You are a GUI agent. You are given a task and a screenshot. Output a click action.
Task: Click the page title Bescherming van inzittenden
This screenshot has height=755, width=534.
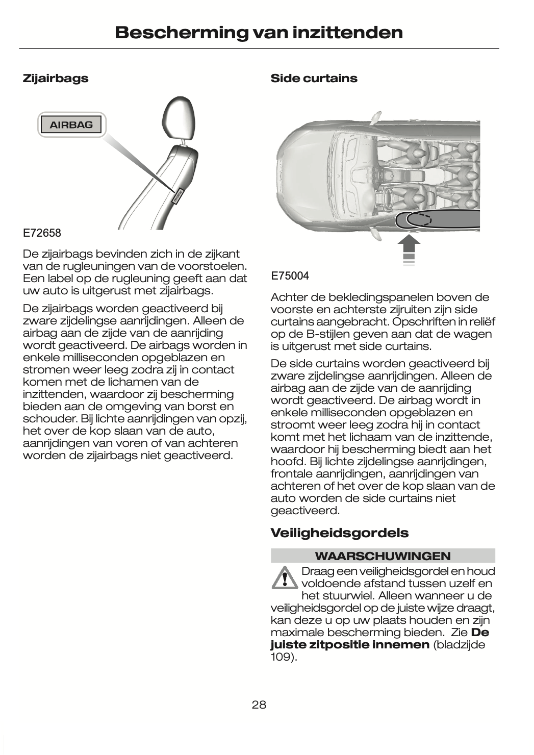pyautogui.click(x=259, y=33)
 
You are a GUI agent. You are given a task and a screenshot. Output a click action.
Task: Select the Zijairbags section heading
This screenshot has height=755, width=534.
pyautogui.click(x=56, y=79)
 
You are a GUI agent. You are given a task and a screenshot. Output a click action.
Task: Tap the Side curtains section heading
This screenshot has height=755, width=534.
pyautogui.click(x=314, y=79)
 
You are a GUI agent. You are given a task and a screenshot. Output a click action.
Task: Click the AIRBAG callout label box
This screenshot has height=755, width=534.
pyautogui.click(x=71, y=124)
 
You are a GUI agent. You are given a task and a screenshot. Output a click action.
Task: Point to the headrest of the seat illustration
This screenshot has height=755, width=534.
pyautogui.click(x=179, y=118)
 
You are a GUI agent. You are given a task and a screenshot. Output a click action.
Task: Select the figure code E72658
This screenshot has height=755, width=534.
pyautogui.click(x=42, y=233)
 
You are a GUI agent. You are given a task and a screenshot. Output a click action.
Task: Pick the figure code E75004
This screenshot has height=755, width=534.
pyautogui.click(x=290, y=276)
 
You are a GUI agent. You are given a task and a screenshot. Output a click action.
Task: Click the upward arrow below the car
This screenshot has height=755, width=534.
pyautogui.click(x=409, y=248)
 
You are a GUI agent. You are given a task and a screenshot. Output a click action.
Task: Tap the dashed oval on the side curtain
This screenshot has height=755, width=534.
pyautogui.click(x=419, y=219)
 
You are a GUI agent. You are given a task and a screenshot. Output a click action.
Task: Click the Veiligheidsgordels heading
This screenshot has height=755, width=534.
pyautogui.click(x=339, y=533)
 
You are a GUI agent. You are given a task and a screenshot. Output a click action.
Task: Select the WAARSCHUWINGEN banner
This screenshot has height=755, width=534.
pyautogui.click(x=383, y=556)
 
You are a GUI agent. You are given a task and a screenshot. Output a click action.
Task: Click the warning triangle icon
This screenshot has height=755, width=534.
pyautogui.click(x=284, y=578)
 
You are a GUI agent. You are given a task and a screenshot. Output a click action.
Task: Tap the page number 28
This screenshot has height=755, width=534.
pyautogui.click(x=259, y=705)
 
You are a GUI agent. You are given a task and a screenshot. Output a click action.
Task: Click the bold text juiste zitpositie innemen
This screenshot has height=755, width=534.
pyautogui.click(x=349, y=645)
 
